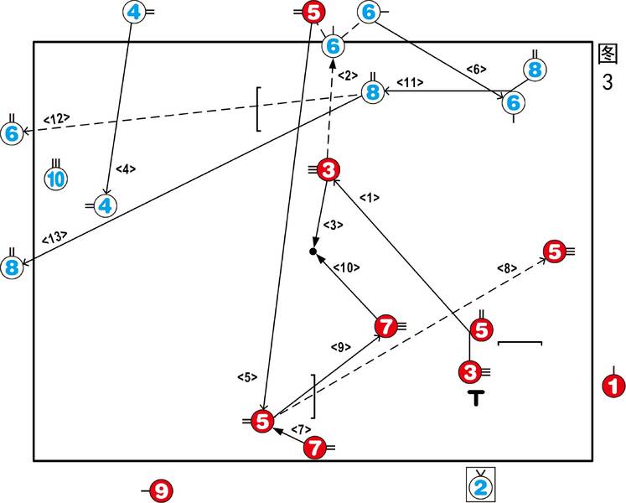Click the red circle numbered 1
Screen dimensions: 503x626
click(613, 386)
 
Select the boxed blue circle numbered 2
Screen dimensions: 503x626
click(481, 485)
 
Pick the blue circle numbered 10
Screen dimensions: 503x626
click(55, 179)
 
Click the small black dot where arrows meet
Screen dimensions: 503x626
click(313, 251)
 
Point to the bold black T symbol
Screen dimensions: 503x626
click(476, 399)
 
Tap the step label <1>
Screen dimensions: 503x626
click(370, 198)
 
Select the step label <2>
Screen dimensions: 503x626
click(348, 75)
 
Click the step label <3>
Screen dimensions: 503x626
click(333, 225)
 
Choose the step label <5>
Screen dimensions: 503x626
click(247, 377)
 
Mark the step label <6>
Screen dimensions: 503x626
click(475, 68)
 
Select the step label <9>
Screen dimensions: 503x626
click(339, 345)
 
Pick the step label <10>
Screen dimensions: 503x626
click(346, 268)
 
